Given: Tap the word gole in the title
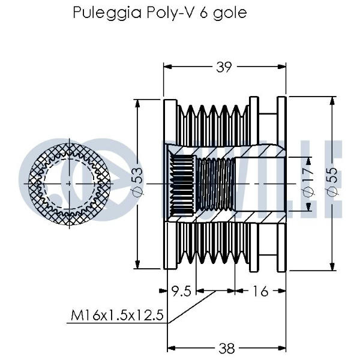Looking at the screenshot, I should click(x=229, y=13).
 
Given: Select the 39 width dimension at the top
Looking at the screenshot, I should click(x=224, y=68).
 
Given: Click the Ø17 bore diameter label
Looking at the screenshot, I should click(x=308, y=183).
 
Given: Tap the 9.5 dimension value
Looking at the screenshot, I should click(x=181, y=292).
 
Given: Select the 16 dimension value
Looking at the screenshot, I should click(x=259, y=292).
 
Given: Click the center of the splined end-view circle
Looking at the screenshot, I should click(x=69, y=182).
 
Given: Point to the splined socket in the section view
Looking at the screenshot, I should click(x=182, y=182).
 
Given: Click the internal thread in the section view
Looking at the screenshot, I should click(x=216, y=182).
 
